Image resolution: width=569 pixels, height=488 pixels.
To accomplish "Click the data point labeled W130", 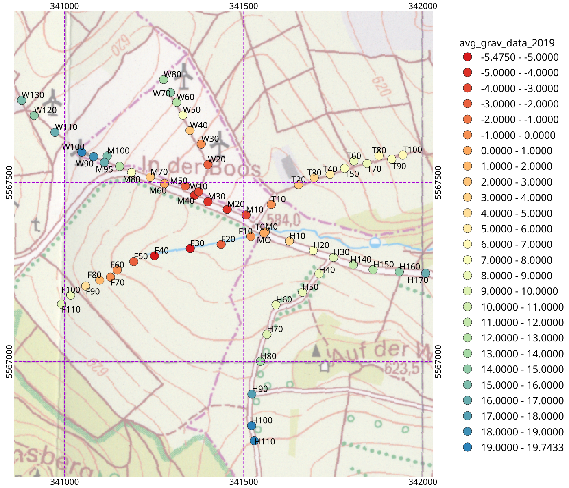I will coord(22,100).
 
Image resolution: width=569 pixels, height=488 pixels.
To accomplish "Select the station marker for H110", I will coord(254,441).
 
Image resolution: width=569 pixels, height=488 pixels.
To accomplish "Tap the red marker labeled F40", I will coord(154,256).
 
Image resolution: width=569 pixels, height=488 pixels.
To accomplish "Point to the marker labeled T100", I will coord(403,155).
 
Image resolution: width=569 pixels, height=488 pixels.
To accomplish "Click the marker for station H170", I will coord(425,273).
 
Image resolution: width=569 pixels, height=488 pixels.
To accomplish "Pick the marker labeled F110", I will coord(61,304).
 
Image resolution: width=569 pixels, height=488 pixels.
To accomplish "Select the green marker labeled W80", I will coord(164,79).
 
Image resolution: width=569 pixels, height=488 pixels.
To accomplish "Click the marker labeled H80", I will coord(261,361).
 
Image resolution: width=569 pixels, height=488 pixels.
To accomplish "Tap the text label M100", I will coord(118,151).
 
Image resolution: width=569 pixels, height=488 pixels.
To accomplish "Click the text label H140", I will coord(361,259).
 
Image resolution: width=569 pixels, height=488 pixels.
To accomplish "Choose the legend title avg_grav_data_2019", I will coord(507,43).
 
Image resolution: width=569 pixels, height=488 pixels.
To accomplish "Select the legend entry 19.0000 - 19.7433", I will coord(522,448).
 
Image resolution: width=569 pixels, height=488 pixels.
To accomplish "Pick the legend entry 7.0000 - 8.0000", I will coord(516,260).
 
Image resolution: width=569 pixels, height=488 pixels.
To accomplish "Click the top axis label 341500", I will coord(243,6).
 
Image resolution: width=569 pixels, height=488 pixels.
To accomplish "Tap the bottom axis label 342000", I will coord(423,482).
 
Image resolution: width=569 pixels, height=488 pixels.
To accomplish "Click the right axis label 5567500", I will coord(438,182).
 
